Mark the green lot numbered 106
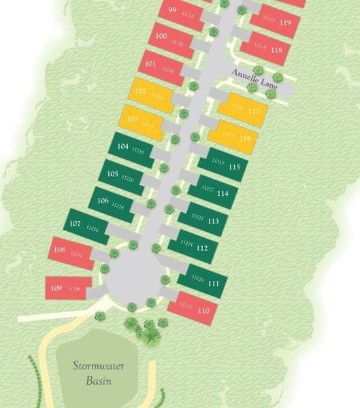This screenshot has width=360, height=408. point(112,203)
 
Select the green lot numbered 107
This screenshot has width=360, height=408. point(86,226)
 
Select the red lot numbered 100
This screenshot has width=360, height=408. point(170,39)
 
